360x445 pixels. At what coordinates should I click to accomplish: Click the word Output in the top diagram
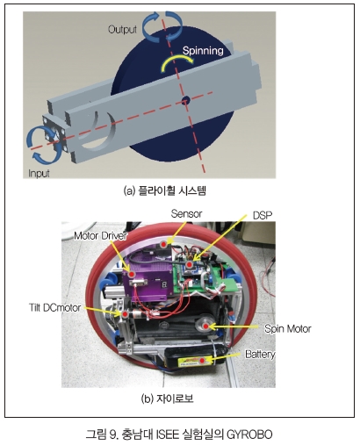pos(122,29)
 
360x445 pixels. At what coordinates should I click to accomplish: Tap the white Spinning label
pos(203,51)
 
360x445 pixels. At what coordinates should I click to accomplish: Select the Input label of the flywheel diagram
pos(39,173)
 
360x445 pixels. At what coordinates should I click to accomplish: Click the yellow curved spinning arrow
pos(176,61)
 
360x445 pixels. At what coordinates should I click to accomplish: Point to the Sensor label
pos(186,213)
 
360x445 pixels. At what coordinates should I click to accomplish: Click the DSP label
pos(263,215)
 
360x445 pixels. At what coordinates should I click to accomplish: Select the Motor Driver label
pos(100,235)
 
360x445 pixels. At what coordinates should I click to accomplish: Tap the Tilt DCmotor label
pos(54,307)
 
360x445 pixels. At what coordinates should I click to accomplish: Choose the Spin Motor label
pos(287,328)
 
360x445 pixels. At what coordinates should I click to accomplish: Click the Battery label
pos(260,354)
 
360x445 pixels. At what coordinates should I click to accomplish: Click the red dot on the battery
pos(202,361)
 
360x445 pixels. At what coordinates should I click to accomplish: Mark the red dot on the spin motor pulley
pos(206,326)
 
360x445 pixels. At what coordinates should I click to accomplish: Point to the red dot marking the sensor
pos(164,244)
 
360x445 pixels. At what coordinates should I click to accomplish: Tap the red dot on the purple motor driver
pos(132,274)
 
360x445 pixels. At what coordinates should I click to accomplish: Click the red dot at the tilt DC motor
pos(125,314)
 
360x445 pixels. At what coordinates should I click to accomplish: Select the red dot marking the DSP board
pos(190,265)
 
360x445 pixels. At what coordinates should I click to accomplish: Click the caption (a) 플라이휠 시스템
pos(165,190)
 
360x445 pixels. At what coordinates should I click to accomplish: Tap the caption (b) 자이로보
pos(167,398)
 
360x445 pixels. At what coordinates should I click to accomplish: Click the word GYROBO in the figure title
pos(249,434)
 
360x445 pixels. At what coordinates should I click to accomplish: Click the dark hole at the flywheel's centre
pos(185,101)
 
